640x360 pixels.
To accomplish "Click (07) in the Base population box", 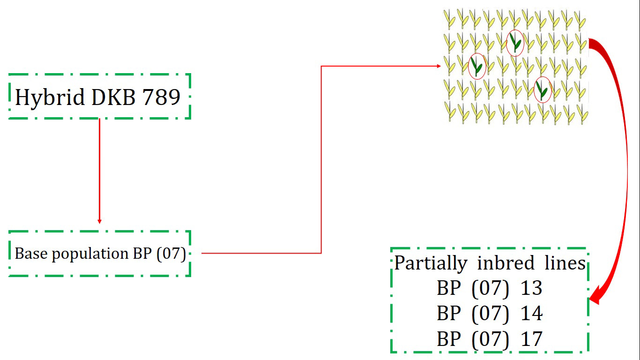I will click(171, 254).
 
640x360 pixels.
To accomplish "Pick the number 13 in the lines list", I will click(531, 288).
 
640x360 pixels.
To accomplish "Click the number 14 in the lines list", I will click(531, 313).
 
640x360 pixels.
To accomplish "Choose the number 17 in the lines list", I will click(531, 338).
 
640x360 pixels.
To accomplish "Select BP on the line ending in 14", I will click(449, 313).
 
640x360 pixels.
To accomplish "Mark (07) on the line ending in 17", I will click(490, 339).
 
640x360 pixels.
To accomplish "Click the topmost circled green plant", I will click(515, 43).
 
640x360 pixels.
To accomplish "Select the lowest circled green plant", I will click(542, 90).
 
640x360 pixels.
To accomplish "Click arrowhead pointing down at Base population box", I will click(99, 221).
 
